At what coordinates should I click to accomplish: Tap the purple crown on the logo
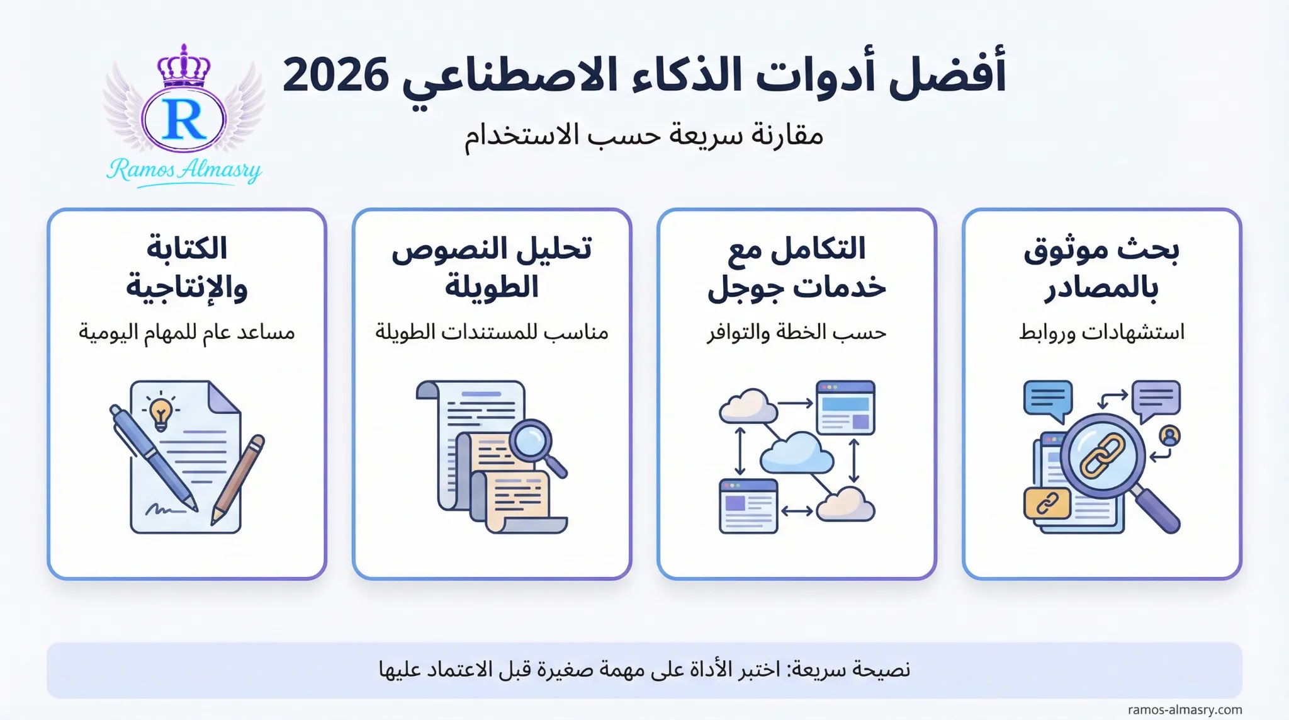184,66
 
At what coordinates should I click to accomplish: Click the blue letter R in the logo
184,119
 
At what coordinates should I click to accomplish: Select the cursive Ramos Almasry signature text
184,170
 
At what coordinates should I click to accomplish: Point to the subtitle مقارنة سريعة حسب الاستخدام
644,135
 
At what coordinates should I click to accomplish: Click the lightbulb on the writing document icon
160,413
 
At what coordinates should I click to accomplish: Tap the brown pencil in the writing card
237,479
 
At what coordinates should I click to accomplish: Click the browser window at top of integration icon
845,408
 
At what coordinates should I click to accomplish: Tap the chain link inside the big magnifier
1102,455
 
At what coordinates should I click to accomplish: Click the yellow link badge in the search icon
1047,503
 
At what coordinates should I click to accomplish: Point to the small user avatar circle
1169,435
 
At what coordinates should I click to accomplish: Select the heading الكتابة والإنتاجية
187,268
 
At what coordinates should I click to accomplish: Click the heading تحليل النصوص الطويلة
492,268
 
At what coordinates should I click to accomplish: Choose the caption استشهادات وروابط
1101,332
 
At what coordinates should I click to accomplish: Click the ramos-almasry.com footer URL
1185,710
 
